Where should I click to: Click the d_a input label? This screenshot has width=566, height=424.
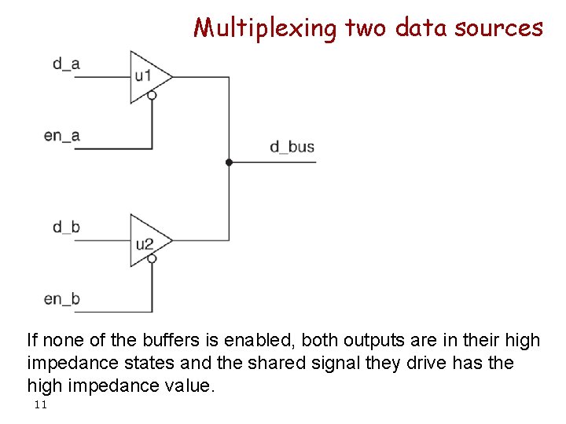pyautogui.click(x=66, y=64)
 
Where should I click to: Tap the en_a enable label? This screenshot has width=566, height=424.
pyautogui.click(x=62, y=135)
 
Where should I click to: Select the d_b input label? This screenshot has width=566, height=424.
pyautogui.click(x=66, y=228)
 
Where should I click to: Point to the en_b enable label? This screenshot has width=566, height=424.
pyautogui.click(x=62, y=298)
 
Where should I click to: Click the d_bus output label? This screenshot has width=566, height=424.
pyautogui.click(x=292, y=147)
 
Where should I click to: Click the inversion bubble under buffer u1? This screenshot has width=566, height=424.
pyautogui.click(x=153, y=96)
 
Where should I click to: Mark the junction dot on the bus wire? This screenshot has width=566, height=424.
pyautogui.click(x=229, y=163)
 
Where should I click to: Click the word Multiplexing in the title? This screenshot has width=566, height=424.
pyautogui.click(x=265, y=28)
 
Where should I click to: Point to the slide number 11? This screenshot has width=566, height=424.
pyautogui.click(x=41, y=404)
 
